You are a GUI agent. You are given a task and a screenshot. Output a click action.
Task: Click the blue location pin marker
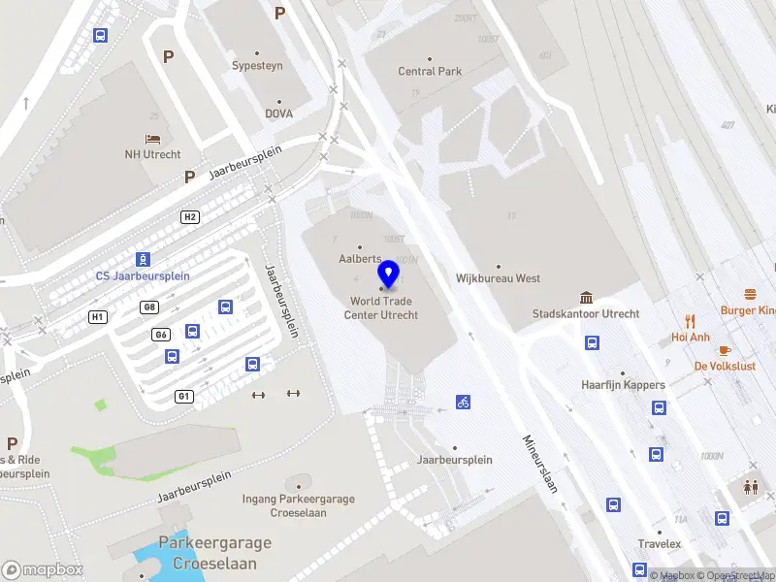coord(389,275)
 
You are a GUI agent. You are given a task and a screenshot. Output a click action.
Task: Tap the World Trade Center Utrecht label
coord(384,308)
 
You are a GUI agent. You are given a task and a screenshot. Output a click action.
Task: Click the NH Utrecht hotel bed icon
coord(152,140)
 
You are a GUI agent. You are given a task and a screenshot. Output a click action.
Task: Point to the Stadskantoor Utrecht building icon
coord(586,297)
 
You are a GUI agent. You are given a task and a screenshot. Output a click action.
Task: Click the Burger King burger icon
coord(750,294)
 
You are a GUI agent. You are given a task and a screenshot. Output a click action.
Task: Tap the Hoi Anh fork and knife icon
coord(691,321)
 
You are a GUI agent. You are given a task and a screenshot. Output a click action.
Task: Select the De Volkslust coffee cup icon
coord(725,350)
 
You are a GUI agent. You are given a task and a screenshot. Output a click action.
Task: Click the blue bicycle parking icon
coord(464,402)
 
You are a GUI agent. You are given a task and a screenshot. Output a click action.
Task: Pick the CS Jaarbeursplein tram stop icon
coord(143,259)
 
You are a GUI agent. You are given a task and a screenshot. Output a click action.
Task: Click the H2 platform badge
coord(190,216)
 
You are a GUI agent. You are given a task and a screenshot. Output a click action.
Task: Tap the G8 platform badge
coord(148,307)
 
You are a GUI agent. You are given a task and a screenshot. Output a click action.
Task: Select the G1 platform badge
coord(184,396)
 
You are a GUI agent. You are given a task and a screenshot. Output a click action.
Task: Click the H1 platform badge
coord(97,316)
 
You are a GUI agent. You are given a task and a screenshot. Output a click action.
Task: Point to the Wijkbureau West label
coord(498,278)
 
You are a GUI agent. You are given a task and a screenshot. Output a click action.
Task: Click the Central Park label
coord(430,71)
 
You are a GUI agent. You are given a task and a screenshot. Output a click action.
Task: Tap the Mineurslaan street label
coord(541,462)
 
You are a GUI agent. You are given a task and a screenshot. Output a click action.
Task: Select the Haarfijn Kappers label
coord(623,384)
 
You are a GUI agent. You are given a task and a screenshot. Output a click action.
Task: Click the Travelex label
coord(660,544)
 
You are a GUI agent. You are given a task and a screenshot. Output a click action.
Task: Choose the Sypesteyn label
coord(257,66)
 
